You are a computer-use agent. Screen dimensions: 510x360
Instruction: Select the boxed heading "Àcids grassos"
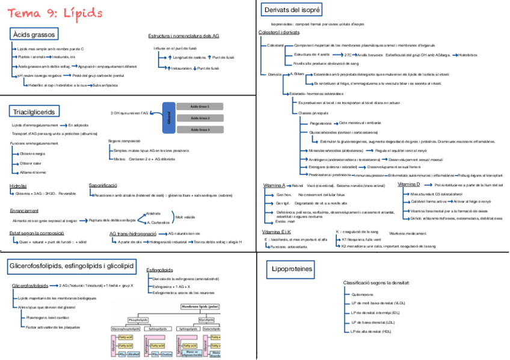pyautogui.click(x=35, y=34)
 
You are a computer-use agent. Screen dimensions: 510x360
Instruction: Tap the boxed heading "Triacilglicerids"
pyautogui.click(x=34, y=111)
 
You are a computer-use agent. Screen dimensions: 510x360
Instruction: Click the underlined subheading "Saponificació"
pyautogui.click(x=105, y=186)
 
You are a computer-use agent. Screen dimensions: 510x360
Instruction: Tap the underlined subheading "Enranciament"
pyautogui.click(x=25, y=211)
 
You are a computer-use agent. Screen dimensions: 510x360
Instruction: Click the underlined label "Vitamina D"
pyautogui.click(x=409, y=184)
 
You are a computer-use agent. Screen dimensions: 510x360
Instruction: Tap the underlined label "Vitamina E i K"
pyautogui.click(x=277, y=231)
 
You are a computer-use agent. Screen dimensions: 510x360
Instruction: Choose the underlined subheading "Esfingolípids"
pyautogui.click(x=161, y=271)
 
